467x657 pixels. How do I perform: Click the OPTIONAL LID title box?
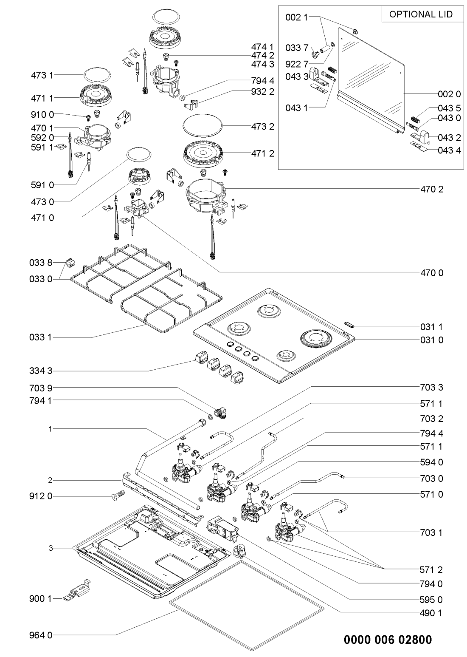(421, 14)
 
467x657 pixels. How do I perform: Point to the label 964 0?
(42, 636)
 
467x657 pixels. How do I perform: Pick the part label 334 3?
(42, 371)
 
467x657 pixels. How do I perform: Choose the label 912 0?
(42, 496)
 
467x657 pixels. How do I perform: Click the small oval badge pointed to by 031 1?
(348, 324)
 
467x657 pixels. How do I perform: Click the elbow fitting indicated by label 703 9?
(220, 413)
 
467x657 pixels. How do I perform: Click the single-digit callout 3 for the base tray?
(50, 549)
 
